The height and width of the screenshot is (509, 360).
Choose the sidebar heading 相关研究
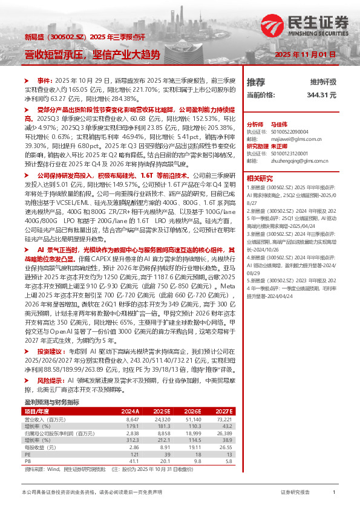click(x=261, y=178)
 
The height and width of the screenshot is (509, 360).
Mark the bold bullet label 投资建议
click(x=51, y=351)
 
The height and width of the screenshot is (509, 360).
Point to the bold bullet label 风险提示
click(x=51, y=381)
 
